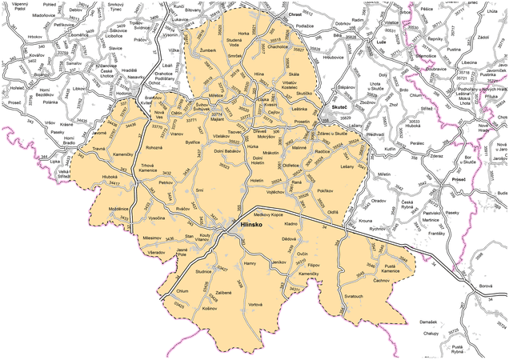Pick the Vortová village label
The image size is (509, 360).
(255, 305)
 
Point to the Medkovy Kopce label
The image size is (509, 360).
(269, 214)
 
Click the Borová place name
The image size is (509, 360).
(485, 286)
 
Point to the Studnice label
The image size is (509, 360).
(202, 272)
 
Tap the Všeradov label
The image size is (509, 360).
(156, 253)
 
